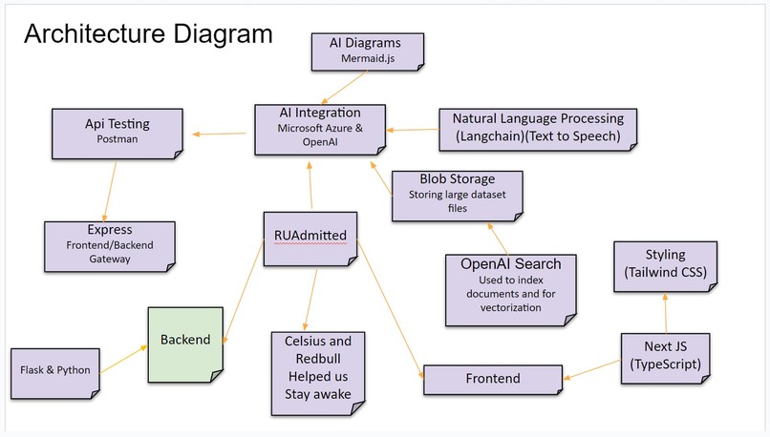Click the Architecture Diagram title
click(x=148, y=34)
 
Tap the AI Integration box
click(x=321, y=128)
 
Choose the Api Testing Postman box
click(x=118, y=131)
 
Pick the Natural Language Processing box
click(x=538, y=128)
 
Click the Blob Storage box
click(x=458, y=194)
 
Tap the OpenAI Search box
click(x=512, y=285)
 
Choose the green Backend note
click(x=185, y=340)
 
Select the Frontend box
click(x=493, y=379)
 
